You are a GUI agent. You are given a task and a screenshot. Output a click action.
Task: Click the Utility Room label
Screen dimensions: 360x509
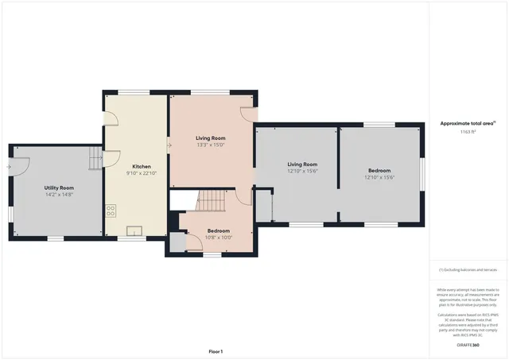point(59,188)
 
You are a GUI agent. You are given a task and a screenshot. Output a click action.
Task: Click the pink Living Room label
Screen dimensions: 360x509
point(211,138)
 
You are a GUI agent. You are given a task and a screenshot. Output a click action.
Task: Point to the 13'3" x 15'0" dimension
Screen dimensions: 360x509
point(211,145)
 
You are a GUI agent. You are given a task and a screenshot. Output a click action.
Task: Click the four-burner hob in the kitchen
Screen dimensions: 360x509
point(111,211)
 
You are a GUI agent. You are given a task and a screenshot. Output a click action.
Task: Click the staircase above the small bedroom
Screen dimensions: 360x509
point(211,200)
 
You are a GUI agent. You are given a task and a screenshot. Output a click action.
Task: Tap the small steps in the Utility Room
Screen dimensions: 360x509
point(95,160)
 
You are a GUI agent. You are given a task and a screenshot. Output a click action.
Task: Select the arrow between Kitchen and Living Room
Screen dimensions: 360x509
point(169,145)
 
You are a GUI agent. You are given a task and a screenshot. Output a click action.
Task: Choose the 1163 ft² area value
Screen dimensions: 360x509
point(468,132)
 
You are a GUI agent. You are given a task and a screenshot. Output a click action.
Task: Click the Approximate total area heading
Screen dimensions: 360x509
point(468,123)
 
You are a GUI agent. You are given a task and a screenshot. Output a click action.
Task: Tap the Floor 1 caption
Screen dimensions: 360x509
point(216,350)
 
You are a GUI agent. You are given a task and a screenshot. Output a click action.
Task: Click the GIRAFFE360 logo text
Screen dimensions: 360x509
point(468,346)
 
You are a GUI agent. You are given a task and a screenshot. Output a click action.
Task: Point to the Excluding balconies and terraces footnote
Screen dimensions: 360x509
point(468,270)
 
